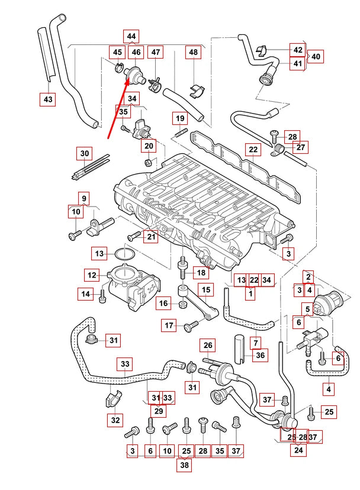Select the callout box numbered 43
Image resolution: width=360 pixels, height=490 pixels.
point(49,99)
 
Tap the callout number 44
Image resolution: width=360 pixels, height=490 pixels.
point(131,37)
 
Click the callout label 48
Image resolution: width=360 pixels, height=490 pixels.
point(193,53)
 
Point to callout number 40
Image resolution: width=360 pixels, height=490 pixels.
point(316,57)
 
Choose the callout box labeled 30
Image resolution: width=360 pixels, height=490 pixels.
point(85,154)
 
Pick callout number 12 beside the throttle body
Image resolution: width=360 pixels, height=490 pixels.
point(92,275)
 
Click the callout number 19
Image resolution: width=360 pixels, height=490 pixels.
point(180,119)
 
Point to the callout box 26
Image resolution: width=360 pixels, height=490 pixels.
point(208,345)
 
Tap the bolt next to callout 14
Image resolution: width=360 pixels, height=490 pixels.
point(104,294)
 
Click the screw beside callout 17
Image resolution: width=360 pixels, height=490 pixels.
point(191,325)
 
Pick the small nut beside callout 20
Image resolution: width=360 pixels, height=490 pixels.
point(147,162)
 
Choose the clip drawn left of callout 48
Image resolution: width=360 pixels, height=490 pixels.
point(195,90)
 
